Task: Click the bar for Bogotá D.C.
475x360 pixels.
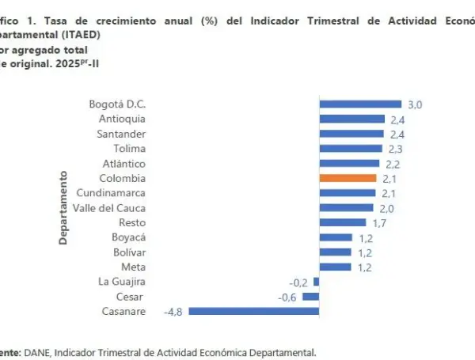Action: click(x=360, y=104)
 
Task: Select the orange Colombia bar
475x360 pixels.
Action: click(x=348, y=178)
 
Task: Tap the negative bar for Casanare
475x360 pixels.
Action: click(x=253, y=312)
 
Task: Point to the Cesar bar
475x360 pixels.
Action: click(x=311, y=297)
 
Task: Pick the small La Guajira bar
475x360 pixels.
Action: click(x=316, y=282)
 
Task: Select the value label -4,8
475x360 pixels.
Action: click(x=174, y=312)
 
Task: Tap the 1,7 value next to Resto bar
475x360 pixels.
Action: click(x=379, y=223)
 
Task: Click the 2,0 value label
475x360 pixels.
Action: click(x=386, y=208)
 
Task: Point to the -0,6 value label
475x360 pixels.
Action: click(x=287, y=297)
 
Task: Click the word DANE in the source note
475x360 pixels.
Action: click(x=38, y=353)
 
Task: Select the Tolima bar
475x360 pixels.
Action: click(x=350, y=149)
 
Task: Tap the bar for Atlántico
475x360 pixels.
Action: click(x=349, y=163)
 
